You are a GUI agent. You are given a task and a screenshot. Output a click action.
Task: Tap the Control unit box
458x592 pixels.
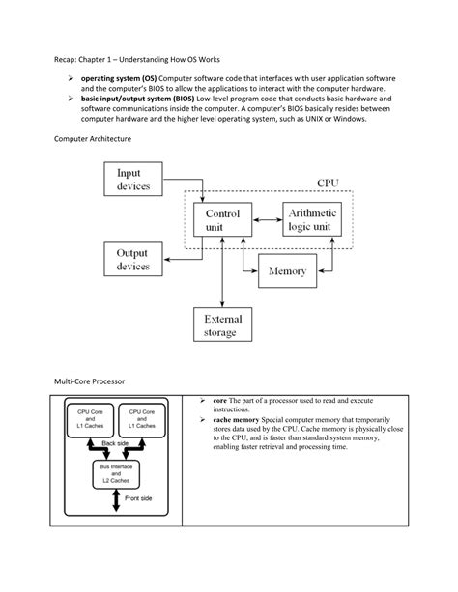[x=222, y=221]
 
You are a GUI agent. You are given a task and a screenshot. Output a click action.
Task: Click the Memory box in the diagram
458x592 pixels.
[x=287, y=271]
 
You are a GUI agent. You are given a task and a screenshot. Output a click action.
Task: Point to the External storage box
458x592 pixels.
[x=221, y=326]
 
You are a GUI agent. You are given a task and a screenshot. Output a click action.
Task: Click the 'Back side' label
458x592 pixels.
[x=115, y=443]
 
